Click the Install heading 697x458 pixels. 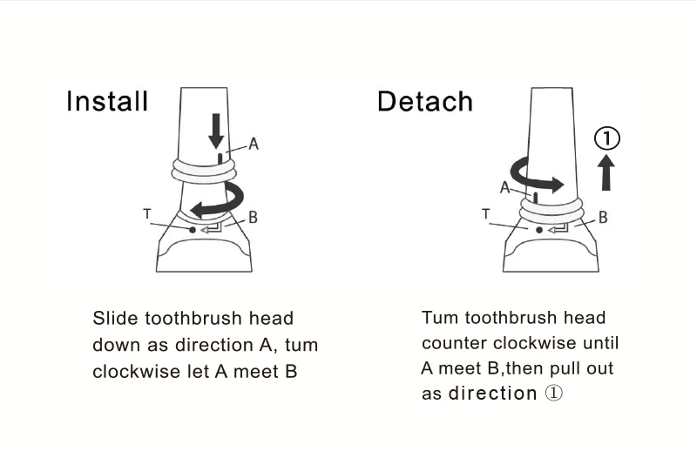pos(107,101)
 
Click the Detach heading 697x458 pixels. pos(425,101)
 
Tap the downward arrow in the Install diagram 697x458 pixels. pos(216,131)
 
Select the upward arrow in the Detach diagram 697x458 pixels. pos(606,172)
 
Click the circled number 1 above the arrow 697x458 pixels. pos(606,138)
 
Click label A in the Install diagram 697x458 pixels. pos(254,144)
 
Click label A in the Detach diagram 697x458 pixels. pos(504,187)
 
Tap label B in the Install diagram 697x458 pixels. pos(253,217)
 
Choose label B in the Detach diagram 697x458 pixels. pos(603,217)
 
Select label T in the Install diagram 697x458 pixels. pos(147,214)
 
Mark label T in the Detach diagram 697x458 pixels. pos(486,214)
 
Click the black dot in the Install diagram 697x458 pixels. pos(192,230)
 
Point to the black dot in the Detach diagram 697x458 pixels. pos(539,230)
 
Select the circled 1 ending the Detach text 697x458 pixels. pos(554,393)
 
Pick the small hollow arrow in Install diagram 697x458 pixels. pos(211,229)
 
